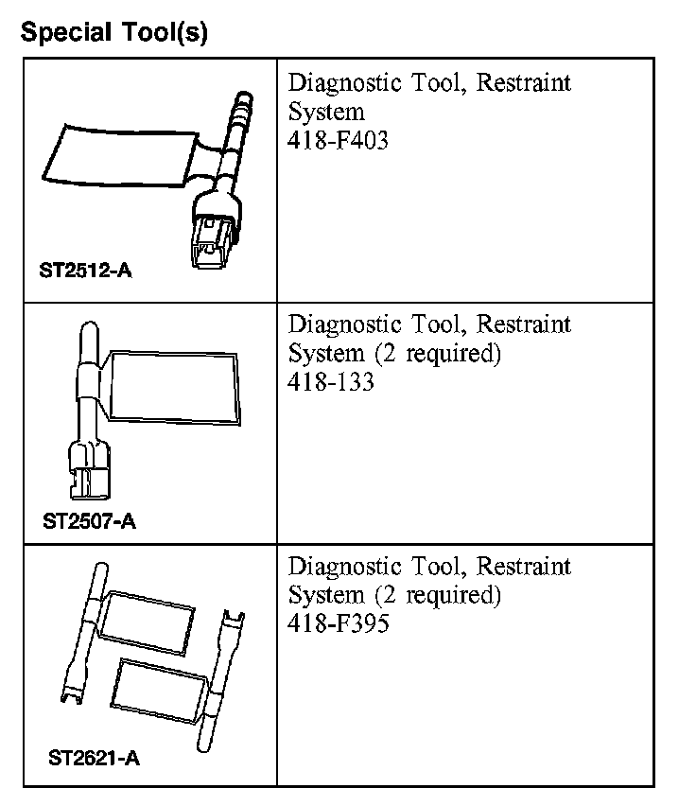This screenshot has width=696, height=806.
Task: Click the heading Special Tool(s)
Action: point(113,34)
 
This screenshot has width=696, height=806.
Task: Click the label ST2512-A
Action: point(85,272)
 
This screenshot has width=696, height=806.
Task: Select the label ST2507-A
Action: point(89,520)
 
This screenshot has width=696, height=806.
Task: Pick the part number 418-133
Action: point(331,382)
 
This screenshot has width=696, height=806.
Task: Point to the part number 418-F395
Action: point(338,624)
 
